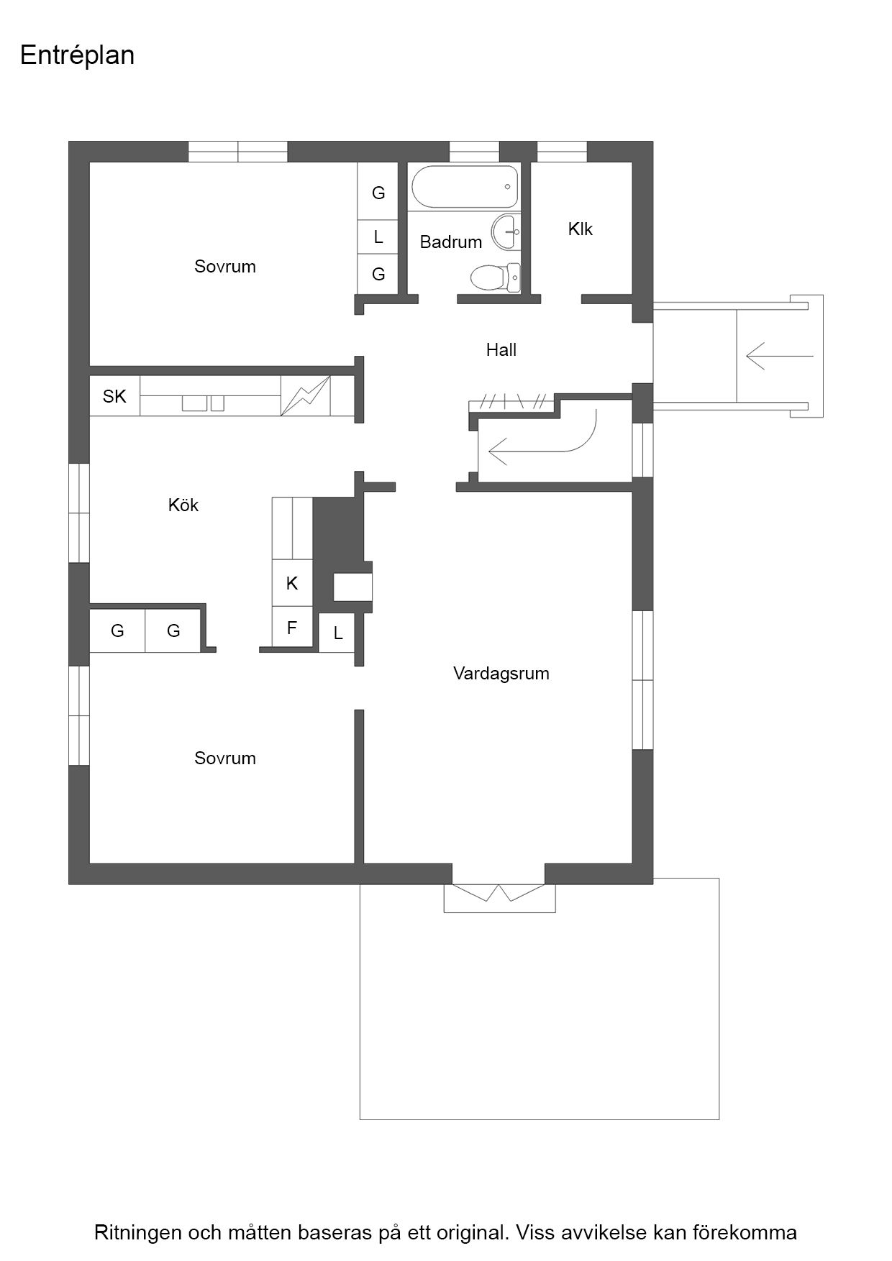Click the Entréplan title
[x=78, y=55]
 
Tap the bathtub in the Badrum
[x=465, y=187]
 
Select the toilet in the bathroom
[x=495, y=278]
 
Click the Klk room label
[x=581, y=229]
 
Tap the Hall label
[x=501, y=350]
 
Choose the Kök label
[x=183, y=505]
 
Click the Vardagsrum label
[x=501, y=674]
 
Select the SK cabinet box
[x=114, y=396]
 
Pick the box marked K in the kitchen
[x=292, y=583]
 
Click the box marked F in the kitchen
[x=292, y=628]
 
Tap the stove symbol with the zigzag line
[x=306, y=395]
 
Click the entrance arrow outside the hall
[x=780, y=356]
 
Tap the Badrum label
[x=451, y=242]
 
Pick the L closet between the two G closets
[x=378, y=237]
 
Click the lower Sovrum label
[x=225, y=758]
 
